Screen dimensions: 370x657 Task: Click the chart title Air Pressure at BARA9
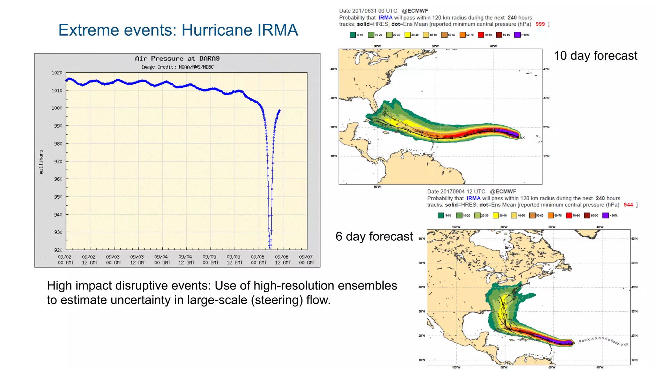click(177, 58)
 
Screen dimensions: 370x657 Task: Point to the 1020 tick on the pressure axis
click(57, 73)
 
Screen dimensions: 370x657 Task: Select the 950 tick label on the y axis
click(58, 197)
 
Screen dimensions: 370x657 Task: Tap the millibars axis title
click(41, 162)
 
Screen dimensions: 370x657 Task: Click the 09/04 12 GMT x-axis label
click(186, 260)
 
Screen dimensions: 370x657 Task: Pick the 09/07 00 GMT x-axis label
click(307, 260)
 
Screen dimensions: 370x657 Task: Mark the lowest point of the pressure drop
click(270, 248)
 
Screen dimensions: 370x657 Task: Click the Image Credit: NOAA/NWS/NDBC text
click(177, 67)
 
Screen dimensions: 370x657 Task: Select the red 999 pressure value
click(540, 24)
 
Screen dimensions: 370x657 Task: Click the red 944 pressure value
click(628, 205)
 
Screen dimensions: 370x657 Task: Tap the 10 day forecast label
click(595, 56)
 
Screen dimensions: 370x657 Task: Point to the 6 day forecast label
click(374, 237)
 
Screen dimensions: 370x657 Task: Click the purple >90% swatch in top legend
click(517, 35)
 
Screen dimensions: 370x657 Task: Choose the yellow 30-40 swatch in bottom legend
click(496, 215)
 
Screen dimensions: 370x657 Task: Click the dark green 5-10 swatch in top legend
click(353, 35)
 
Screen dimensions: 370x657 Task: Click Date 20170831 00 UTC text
click(368, 11)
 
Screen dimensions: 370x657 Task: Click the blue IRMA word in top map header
click(385, 18)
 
